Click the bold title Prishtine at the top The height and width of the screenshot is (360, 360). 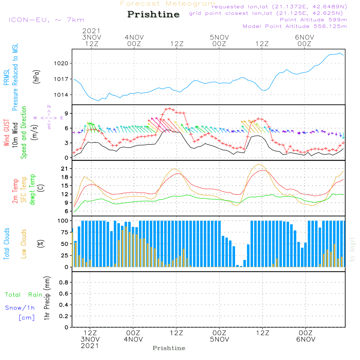coord(153,14)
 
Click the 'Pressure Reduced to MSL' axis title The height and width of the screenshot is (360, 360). coord(15,77)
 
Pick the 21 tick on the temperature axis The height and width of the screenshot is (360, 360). coord(66,168)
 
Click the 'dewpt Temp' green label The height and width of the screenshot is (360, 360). coord(32,190)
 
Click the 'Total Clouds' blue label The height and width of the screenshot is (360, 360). coord(7,244)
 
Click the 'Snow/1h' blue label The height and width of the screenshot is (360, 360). coord(20,308)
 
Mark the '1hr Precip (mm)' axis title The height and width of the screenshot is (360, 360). coord(46,298)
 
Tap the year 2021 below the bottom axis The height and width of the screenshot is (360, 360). coord(90,346)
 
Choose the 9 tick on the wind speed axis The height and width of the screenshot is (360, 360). coord(67,113)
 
